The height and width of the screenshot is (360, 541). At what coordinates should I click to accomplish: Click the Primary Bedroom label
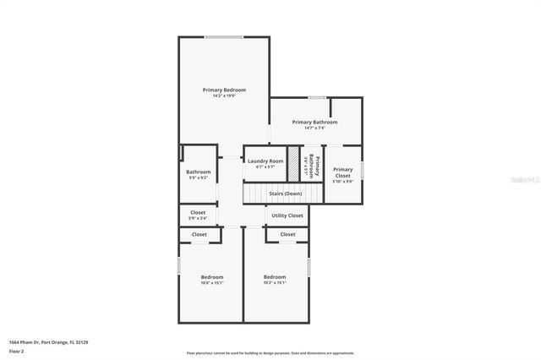pos(224,90)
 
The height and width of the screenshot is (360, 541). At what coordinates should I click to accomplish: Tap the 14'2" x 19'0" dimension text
pos(224,95)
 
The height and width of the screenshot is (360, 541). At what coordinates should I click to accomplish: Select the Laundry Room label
pos(265,161)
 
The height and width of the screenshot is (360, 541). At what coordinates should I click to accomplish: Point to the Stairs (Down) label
pos(285,194)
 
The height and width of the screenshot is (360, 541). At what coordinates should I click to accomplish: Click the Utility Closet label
pos(287,215)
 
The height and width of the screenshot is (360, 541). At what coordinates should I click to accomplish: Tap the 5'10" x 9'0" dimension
pos(342,182)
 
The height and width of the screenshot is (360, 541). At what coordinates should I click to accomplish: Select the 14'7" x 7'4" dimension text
pos(314,128)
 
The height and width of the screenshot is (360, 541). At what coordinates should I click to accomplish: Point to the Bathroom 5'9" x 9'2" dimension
pos(199,177)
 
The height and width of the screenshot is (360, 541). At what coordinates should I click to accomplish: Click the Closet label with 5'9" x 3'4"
pos(198,213)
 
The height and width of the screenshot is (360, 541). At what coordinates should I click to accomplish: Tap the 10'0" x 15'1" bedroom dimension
pos(211,283)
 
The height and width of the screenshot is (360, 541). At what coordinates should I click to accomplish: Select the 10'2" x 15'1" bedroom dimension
pos(275,283)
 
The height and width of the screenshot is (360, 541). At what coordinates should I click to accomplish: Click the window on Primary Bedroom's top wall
pos(224,36)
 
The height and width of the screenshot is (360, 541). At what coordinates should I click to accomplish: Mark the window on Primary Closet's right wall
pos(362,169)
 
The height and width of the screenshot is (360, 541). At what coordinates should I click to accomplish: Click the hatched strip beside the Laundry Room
pos(293,161)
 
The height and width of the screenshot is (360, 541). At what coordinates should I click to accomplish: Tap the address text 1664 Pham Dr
pos(48,342)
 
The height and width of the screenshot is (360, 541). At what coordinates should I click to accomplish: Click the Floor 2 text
pos(17,350)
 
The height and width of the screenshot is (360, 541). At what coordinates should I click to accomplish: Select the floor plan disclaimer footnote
pos(270,353)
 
